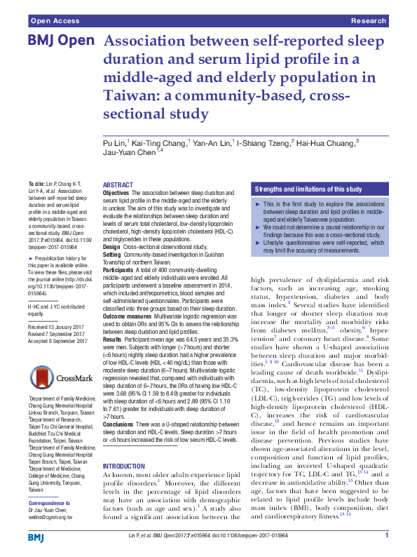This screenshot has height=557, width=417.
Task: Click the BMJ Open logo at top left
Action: tap(61, 41)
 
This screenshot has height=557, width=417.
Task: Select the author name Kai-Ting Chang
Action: tap(162, 143)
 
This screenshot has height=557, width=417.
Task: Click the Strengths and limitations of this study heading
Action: tap(308, 189)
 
